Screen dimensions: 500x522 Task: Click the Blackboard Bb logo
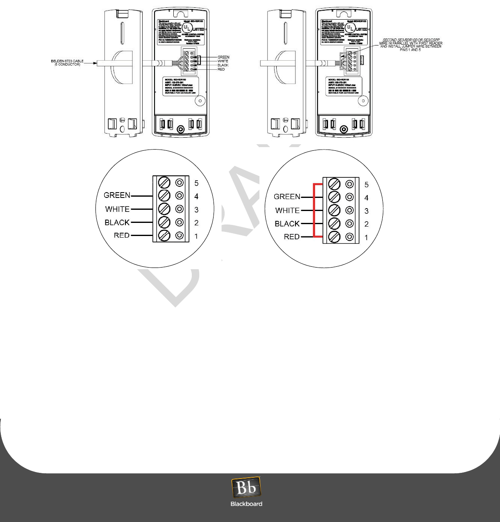pyautogui.click(x=246, y=488)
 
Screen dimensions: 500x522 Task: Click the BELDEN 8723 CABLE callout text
pyautogui.click(x=67, y=63)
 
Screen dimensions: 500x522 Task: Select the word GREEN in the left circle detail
pyautogui.click(x=117, y=195)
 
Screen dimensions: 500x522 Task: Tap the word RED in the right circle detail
pyautogui.click(x=291, y=237)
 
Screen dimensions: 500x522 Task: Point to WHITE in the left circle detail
pyautogui.click(x=117, y=209)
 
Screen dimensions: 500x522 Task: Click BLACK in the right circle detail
pyautogui.click(x=287, y=224)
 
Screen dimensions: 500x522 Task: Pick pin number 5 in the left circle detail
pyautogui.click(x=196, y=183)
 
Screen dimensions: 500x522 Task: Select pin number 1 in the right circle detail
pyautogui.click(x=366, y=237)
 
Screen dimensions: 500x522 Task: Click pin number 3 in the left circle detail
pyautogui.click(x=196, y=210)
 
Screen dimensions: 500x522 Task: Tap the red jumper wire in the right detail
pyautogui.click(x=314, y=210)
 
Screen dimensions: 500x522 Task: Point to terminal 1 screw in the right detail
pyautogui.click(x=334, y=237)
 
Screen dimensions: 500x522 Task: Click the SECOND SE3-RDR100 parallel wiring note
pyautogui.click(x=411, y=45)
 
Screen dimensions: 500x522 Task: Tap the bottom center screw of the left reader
pyautogui.click(x=180, y=129)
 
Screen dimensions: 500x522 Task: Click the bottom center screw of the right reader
pyautogui.click(x=343, y=129)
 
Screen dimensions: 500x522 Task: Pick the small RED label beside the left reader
pyautogui.click(x=221, y=69)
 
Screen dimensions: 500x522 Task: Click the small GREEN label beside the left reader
pyautogui.click(x=223, y=57)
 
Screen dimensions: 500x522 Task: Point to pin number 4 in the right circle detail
pyautogui.click(x=366, y=198)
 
